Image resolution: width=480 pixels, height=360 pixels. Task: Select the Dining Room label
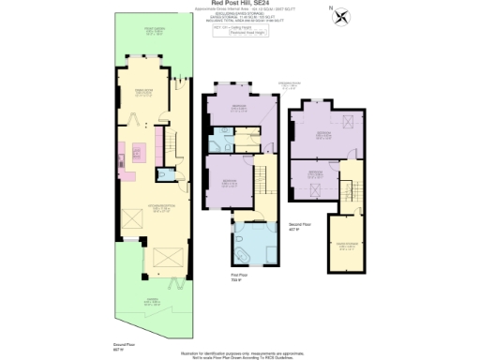143,93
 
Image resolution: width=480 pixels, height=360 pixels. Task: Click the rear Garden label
152,301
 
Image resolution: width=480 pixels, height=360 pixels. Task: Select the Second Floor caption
300,227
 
